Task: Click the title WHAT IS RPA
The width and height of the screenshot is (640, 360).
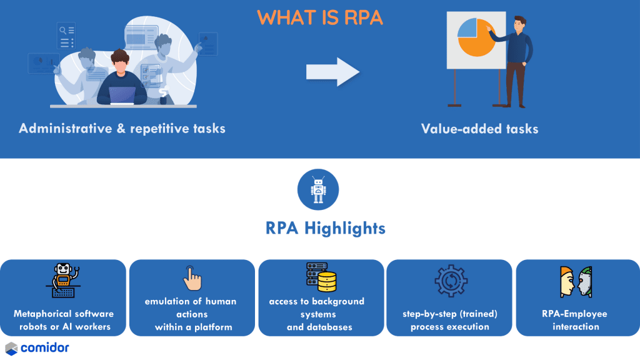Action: pyautogui.click(x=319, y=17)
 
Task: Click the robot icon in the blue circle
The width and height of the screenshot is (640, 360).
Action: pyautogui.click(x=319, y=189)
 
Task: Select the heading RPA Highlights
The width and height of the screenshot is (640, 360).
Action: pyautogui.click(x=325, y=228)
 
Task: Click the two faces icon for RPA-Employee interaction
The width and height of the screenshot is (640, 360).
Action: pyautogui.click(x=575, y=281)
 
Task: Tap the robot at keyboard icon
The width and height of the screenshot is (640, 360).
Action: pyautogui.click(x=64, y=281)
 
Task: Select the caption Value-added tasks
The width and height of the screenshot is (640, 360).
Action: pyautogui.click(x=479, y=129)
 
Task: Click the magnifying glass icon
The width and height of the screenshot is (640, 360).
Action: pyautogui.click(x=62, y=29)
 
